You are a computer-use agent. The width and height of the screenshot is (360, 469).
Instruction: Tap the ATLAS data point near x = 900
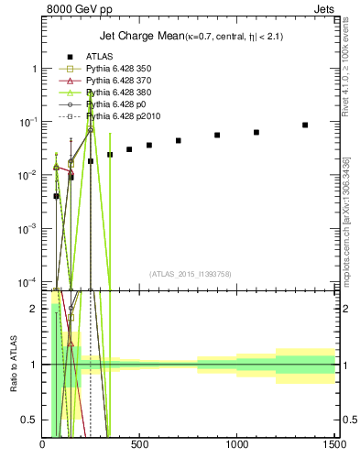click(x=217, y=135)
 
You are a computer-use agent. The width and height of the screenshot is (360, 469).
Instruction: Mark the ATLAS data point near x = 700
click(x=178, y=140)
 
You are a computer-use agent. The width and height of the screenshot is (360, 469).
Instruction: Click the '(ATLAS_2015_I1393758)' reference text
click(x=191, y=273)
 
